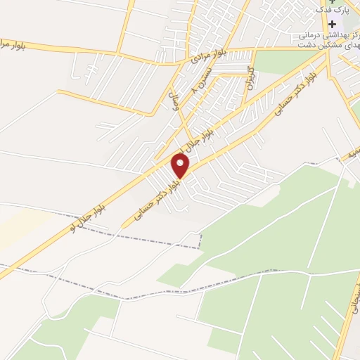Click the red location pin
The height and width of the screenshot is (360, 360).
point(181,166)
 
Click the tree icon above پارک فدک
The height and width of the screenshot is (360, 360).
point(332,1)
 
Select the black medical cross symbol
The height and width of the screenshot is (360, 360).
point(332,24)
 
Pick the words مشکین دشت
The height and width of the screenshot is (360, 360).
point(340,44)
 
